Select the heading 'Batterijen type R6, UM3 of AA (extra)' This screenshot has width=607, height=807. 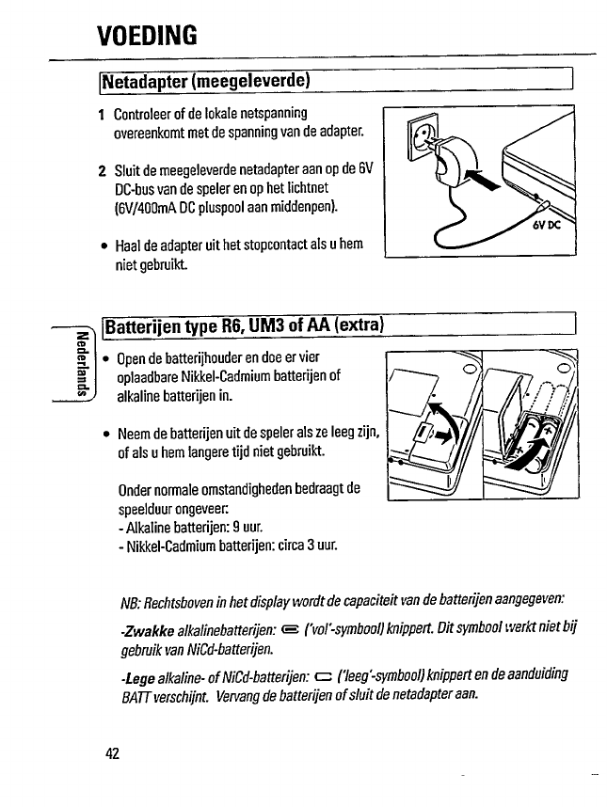(245, 326)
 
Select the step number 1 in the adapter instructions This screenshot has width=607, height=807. (101, 115)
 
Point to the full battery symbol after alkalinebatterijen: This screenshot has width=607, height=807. (291, 630)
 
